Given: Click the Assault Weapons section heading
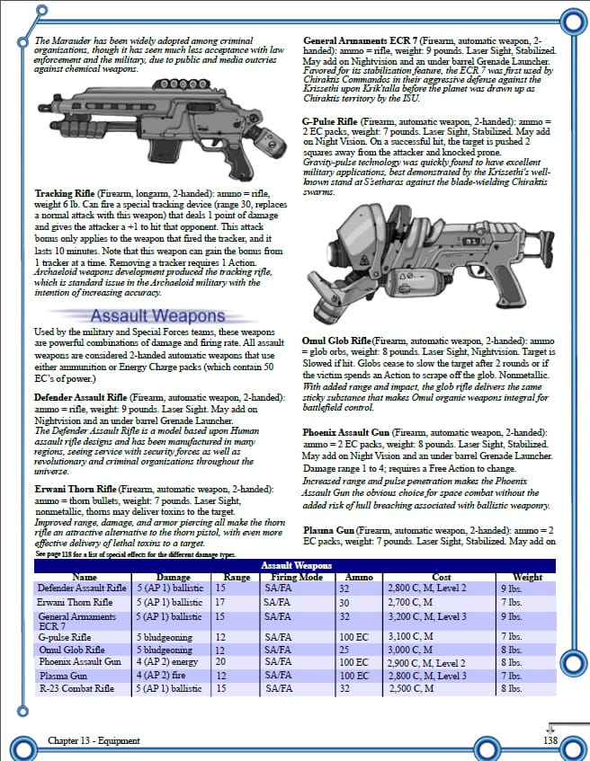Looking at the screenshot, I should tap(157, 315).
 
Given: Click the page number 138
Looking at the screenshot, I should tap(550, 740).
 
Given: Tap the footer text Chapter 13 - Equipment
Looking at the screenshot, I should tap(94, 740).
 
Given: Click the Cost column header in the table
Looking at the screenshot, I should tap(441, 576).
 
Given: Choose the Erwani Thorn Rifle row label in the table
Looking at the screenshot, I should tap(75, 601).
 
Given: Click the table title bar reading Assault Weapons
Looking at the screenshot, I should tap(296, 565).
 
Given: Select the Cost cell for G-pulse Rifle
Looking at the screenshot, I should tap(410, 635).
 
